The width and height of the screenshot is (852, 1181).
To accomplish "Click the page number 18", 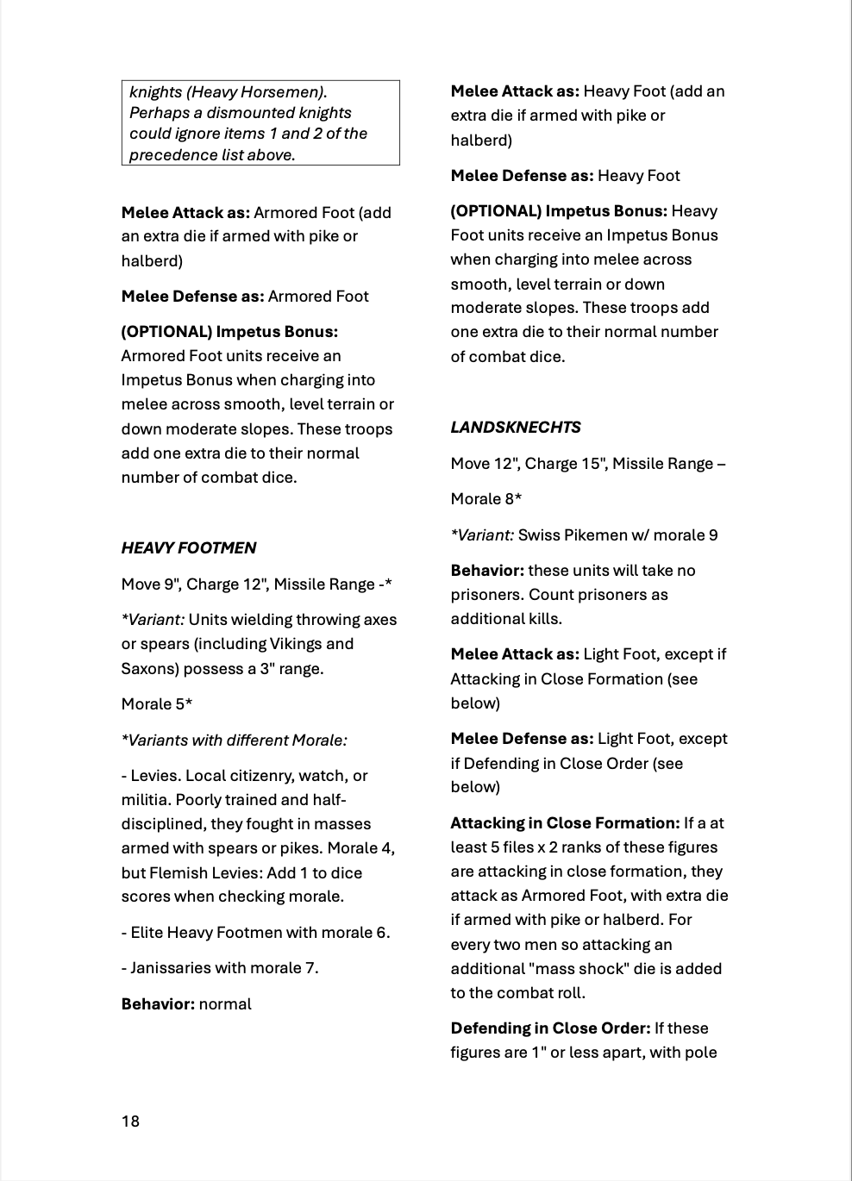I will pos(130,1121).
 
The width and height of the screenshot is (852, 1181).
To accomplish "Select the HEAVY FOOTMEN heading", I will pos(189,548).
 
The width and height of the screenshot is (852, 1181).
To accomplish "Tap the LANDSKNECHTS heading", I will pos(516,428).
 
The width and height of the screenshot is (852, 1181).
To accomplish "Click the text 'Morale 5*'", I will pos(157,704).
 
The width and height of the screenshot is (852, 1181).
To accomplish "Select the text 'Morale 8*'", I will pos(486,499).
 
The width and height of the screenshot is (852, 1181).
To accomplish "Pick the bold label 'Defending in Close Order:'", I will pos(550,1028).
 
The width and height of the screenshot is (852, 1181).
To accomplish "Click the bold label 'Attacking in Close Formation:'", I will pos(565,823).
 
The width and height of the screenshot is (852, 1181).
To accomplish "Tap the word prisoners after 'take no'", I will pos(486,595).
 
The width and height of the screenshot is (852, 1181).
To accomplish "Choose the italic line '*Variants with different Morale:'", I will pos(235,740).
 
